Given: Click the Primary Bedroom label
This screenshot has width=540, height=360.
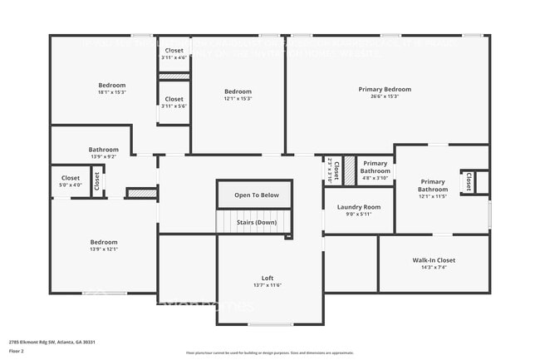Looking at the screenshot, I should coord(385,89).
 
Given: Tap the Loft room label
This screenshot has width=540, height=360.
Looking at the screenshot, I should coord(267,278).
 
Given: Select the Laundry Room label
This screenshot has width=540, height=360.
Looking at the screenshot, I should coord(359,207).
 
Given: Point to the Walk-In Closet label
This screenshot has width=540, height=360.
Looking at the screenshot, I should coord(434,260).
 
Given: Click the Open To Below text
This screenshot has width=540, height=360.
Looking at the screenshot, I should coord(263,195).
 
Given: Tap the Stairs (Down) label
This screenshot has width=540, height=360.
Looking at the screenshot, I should coord(255,222).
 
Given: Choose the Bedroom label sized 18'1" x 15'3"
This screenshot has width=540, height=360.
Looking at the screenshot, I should coord(112,85).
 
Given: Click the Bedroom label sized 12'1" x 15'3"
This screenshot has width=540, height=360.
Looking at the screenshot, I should coord(238,91).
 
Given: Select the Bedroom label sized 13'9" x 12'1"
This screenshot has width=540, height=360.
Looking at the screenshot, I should coord(104,243).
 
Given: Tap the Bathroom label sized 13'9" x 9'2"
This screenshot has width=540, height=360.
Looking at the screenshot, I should coord(104,150).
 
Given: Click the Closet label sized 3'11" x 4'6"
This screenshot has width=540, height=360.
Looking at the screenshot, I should coord(174,51).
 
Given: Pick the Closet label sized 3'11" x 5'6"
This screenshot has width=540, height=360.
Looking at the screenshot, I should coord(174,99).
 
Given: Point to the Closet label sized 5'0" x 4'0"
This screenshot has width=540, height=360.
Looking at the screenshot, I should coord(71,178).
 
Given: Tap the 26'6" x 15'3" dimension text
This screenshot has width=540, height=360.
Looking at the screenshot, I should coord(385,96).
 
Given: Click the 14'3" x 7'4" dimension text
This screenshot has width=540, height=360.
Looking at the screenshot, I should coord(434,268).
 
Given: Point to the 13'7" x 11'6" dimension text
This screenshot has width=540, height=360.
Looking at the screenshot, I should coord(267,285).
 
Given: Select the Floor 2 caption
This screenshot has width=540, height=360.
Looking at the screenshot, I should coord(17,352).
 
